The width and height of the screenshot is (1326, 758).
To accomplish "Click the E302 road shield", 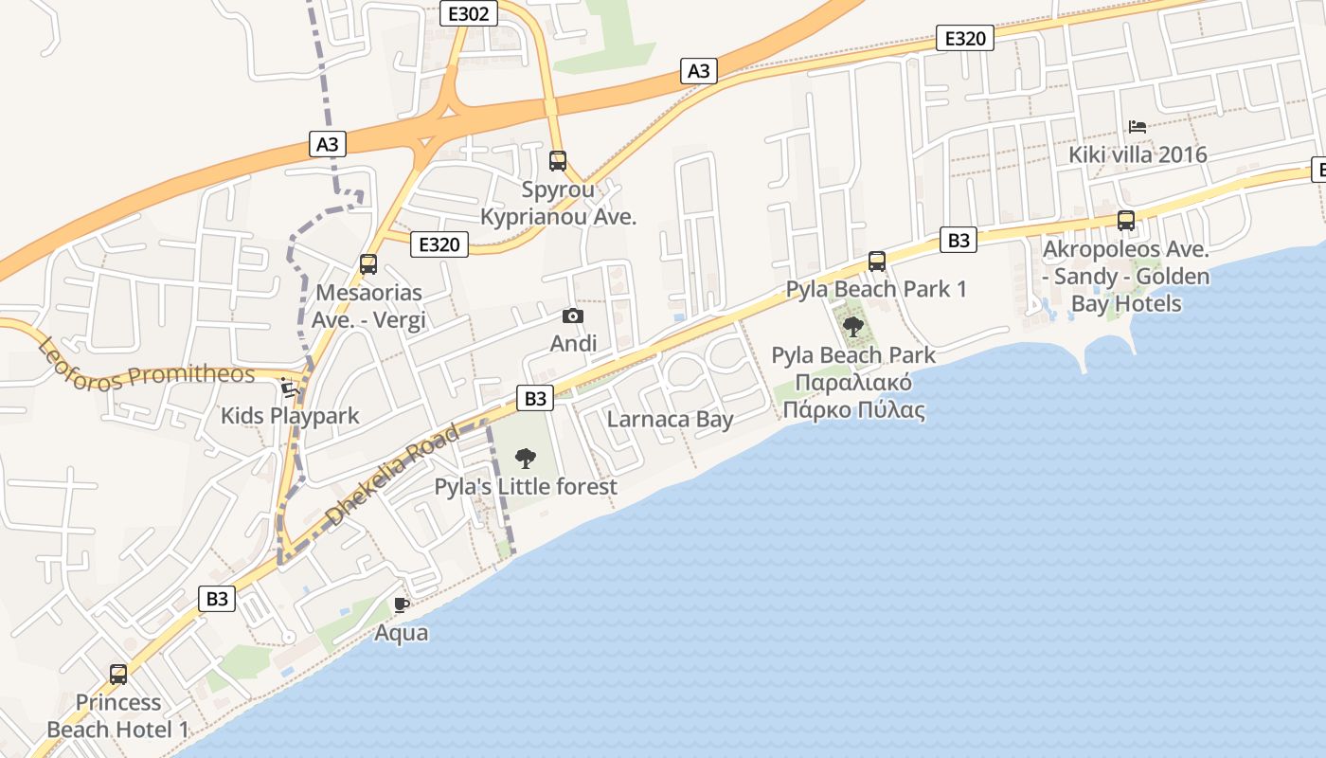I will [469, 12].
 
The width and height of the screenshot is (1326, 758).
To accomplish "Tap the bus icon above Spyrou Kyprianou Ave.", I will [558, 161].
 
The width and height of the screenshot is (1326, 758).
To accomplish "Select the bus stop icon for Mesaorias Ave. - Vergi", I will [368, 265].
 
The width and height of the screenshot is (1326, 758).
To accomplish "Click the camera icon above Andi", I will [573, 316].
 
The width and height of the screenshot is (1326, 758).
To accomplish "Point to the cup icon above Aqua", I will [402, 605].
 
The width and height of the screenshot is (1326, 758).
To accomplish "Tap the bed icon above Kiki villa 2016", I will [1138, 127].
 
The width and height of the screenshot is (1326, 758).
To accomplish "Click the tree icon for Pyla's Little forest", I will [525, 460].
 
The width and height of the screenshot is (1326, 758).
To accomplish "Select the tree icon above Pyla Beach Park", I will [853, 328].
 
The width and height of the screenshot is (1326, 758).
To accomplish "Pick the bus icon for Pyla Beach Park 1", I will [877, 262].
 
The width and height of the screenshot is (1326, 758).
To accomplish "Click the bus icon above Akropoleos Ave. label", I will [1126, 221].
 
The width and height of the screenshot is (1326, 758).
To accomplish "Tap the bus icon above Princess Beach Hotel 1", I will [118, 675].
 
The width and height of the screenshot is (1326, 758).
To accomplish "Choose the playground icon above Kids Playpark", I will [290, 388].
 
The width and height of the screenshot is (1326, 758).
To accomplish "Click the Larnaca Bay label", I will [670, 419].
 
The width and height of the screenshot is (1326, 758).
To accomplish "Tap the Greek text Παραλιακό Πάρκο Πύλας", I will [852, 397].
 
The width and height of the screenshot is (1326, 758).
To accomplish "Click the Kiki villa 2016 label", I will [1138, 154].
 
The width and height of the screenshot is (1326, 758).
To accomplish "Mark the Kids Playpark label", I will [290, 415].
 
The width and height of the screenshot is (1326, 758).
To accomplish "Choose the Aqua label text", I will [402, 632].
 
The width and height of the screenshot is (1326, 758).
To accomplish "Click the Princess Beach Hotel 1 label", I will [118, 716].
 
